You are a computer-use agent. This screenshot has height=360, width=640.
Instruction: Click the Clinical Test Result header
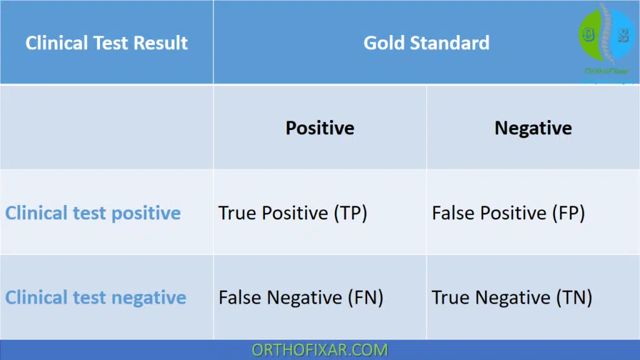pyautogui.click(x=106, y=43)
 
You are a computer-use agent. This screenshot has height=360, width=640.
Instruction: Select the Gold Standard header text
pyautogui.click(x=426, y=43)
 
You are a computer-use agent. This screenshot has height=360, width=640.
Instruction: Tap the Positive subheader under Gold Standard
pyautogui.click(x=319, y=128)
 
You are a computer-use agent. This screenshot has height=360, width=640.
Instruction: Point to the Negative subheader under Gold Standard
pyautogui.click(x=533, y=128)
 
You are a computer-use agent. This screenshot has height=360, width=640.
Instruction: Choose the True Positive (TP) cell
pyautogui.click(x=292, y=213)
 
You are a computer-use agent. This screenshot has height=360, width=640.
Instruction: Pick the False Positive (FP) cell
pyautogui.click(x=508, y=213)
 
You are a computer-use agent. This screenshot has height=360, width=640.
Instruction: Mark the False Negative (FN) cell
pyautogui.click(x=301, y=297)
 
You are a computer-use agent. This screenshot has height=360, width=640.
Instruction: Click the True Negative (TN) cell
pyautogui.click(x=512, y=297)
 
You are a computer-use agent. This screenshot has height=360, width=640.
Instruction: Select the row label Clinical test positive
pyautogui.click(x=93, y=213)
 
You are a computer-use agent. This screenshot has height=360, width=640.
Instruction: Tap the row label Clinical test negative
pyautogui.click(x=96, y=297)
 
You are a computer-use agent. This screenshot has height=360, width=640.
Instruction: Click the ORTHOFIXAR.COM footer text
pyautogui.click(x=319, y=350)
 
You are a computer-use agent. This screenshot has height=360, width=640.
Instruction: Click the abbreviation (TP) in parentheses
pyautogui.click(x=350, y=213)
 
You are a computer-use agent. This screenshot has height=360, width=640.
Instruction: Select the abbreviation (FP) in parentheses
pyautogui.click(x=568, y=213)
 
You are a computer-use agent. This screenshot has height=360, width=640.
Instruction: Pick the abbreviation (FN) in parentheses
pyautogui.click(x=366, y=297)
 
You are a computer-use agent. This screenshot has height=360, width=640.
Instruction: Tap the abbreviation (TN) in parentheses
pyautogui.click(x=574, y=297)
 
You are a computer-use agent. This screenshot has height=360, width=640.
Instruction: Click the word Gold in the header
pyautogui.click(x=384, y=43)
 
